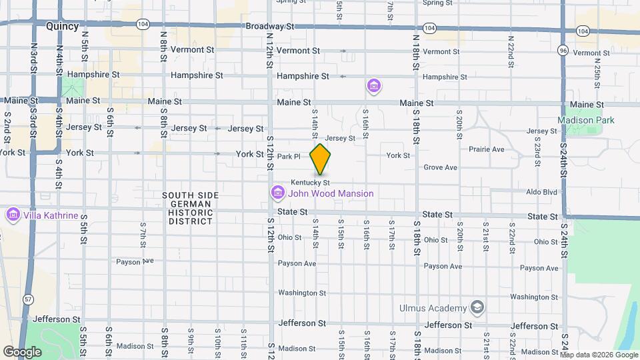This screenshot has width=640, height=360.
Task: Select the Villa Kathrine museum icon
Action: (13, 215)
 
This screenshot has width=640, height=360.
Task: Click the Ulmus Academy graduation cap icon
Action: (477, 307)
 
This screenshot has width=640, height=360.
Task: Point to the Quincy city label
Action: (63, 27)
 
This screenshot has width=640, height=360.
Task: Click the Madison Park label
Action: (586, 120)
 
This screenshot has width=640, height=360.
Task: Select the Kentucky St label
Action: (310, 182)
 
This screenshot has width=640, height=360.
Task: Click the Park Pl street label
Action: (289, 157)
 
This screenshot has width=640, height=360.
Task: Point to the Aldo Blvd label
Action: (541, 191)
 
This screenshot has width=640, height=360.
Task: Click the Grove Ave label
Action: (440, 167)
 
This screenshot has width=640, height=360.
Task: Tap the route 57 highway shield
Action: (28, 299)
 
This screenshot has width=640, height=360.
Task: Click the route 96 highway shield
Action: (563, 50)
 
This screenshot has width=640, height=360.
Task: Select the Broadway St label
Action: (270, 27)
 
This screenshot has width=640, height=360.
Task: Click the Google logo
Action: (22, 351)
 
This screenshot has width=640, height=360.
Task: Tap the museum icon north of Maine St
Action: (374, 86)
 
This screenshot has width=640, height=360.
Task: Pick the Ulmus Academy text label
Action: (433, 308)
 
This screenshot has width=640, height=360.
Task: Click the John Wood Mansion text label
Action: (331, 193)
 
